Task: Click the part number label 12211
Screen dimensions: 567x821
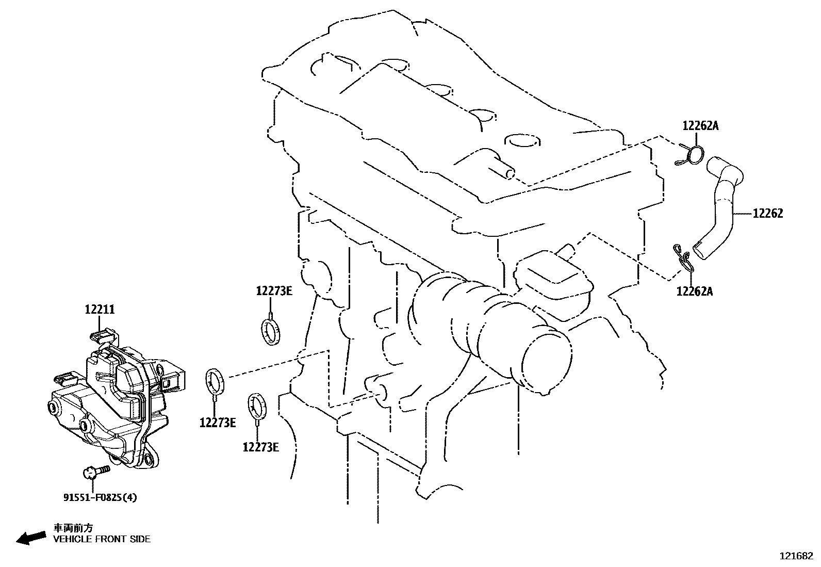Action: click(100, 310)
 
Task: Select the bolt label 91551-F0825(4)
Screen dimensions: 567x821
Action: click(101, 497)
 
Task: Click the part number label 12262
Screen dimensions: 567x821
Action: click(767, 213)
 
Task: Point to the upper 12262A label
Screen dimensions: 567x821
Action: click(700, 125)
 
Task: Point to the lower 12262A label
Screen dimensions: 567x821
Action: click(695, 291)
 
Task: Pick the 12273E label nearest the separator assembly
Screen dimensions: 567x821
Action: click(218, 423)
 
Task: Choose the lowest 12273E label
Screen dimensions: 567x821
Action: click(261, 447)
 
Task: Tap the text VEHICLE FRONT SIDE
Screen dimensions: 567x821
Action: click(102, 539)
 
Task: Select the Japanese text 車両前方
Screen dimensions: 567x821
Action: click(74, 528)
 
